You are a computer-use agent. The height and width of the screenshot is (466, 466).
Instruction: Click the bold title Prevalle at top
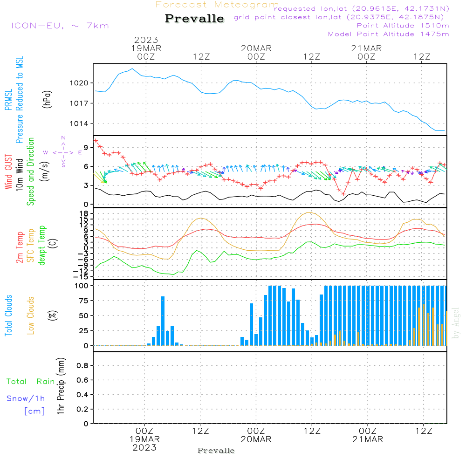click(x=194, y=19)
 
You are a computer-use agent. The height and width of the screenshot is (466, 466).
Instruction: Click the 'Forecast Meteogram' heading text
click(x=217, y=5)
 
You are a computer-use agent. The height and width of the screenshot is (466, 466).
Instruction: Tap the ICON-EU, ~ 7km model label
click(x=60, y=26)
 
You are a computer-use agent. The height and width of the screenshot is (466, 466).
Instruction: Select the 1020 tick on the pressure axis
click(x=79, y=83)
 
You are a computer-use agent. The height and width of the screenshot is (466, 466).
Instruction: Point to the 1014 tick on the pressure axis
click(x=79, y=123)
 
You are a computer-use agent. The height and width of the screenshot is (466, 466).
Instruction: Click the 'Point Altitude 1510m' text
click(x=403, y=26)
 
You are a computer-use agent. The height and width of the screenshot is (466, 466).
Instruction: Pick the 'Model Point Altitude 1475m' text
click(x=388, y=34)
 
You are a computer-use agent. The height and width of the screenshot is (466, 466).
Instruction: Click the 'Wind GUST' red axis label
click(x=8, y=172)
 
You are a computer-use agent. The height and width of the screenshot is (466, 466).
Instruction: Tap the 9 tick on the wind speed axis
click(x=86, y=147)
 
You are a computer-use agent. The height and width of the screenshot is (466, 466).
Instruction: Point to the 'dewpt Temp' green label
click(x=41, y=246)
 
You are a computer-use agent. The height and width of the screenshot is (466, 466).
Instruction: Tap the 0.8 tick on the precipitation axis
click(x=82, y=366)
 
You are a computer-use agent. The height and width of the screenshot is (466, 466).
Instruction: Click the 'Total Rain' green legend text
click(x=30, y=382)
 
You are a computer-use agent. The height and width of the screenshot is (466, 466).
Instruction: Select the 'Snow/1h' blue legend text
click(x=26, y=398)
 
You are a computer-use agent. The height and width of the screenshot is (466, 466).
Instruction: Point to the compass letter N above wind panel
click(x=63, y=138)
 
